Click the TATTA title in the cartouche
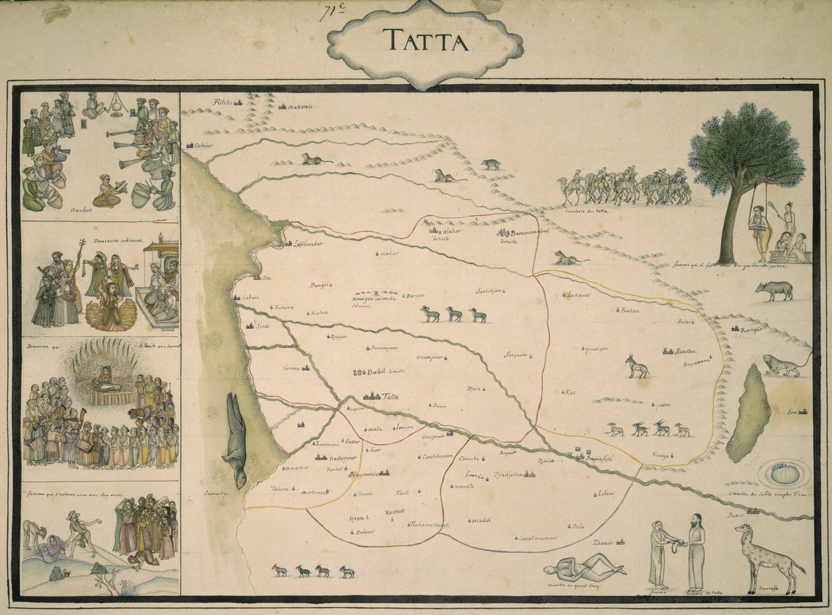pyautogui.click(x=425, y=41)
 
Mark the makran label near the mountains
pyautogui.click(x=300, y=106)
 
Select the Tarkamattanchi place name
pyautogui.click(x=429, y=525)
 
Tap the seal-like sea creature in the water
pyautogui.click(x=235, y=439)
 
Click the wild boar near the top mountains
pyautogui.click(x=491, y=164)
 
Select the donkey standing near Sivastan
pyautogui.click(x=637, y=367)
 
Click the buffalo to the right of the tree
pyautogui.click(x=775, y=291)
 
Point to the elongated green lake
pyautogui.click(x=749, y=414)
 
